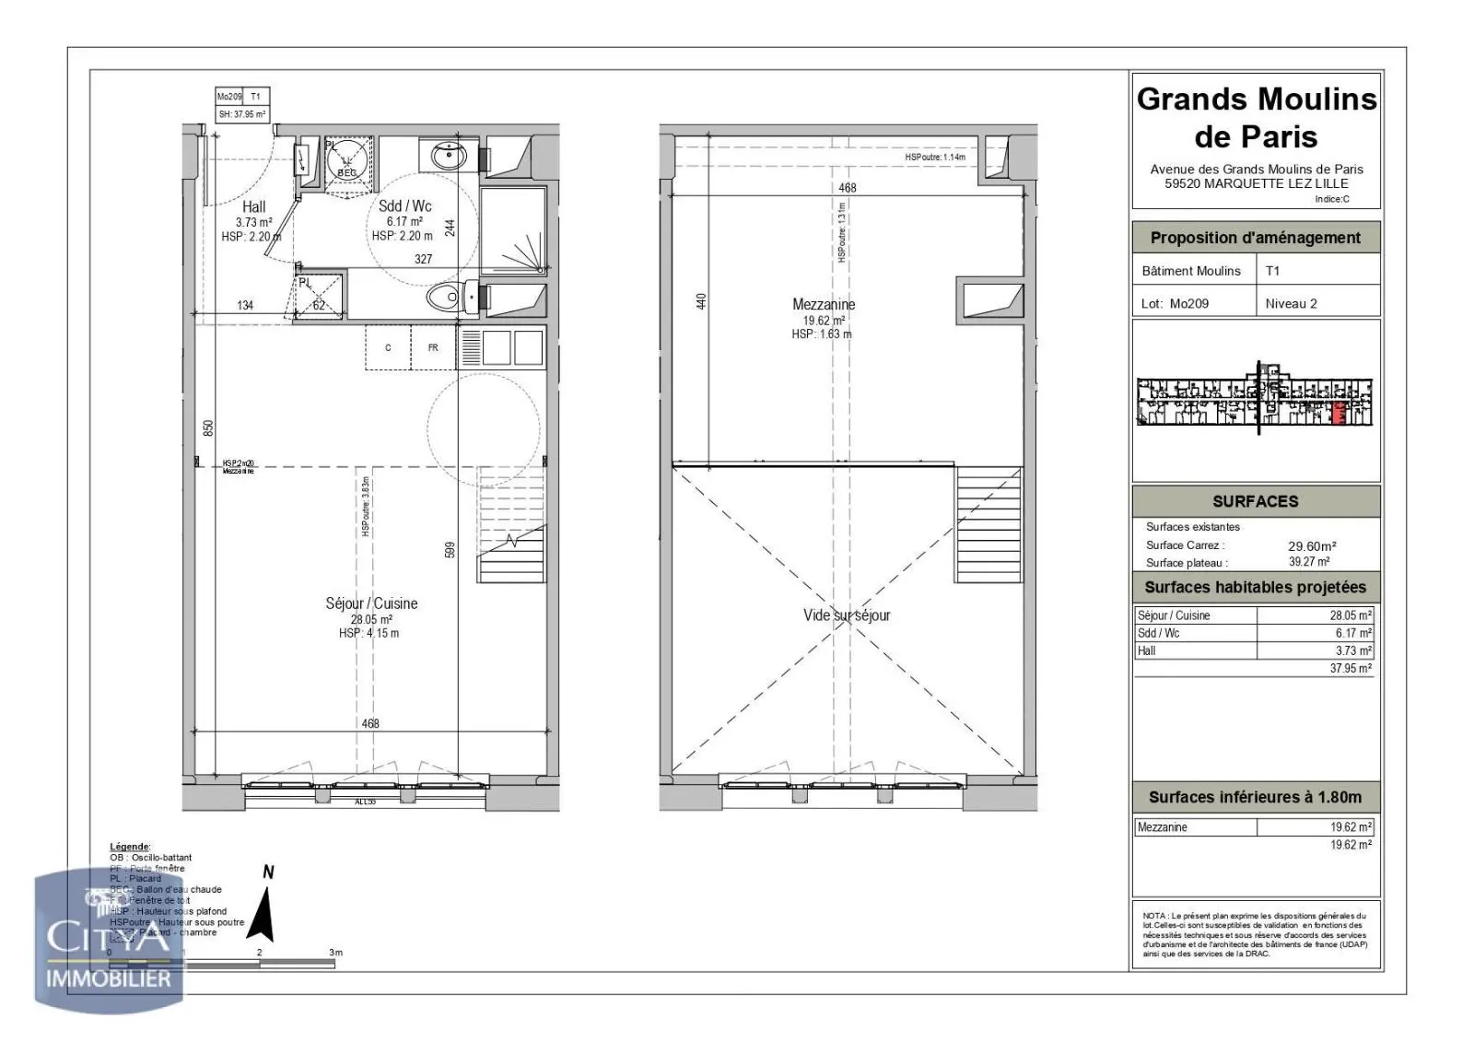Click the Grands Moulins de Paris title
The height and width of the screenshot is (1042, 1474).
coord(1256,118)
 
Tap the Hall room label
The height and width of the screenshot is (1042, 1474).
coord(254,207)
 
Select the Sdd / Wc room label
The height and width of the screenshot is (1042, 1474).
coord(404,206)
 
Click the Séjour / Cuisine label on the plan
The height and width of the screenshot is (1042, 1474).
coord(371,603)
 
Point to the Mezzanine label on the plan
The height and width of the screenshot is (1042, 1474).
coord(824,304)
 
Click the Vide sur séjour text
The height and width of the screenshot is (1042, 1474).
coord(847,615)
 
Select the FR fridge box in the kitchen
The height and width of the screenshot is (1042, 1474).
coord(433,348)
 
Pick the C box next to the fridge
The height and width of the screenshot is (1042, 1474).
coord(388,348)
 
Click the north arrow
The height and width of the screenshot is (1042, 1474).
coord(265,912)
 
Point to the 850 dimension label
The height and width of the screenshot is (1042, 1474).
coord(208,427)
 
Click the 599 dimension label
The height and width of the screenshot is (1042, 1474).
coord(450,549)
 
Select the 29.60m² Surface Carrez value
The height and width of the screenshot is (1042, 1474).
coord(1312,545)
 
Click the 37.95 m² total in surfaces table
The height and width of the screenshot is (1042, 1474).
coord(1350,669)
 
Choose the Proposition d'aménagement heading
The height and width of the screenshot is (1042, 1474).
coord(1255,238)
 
